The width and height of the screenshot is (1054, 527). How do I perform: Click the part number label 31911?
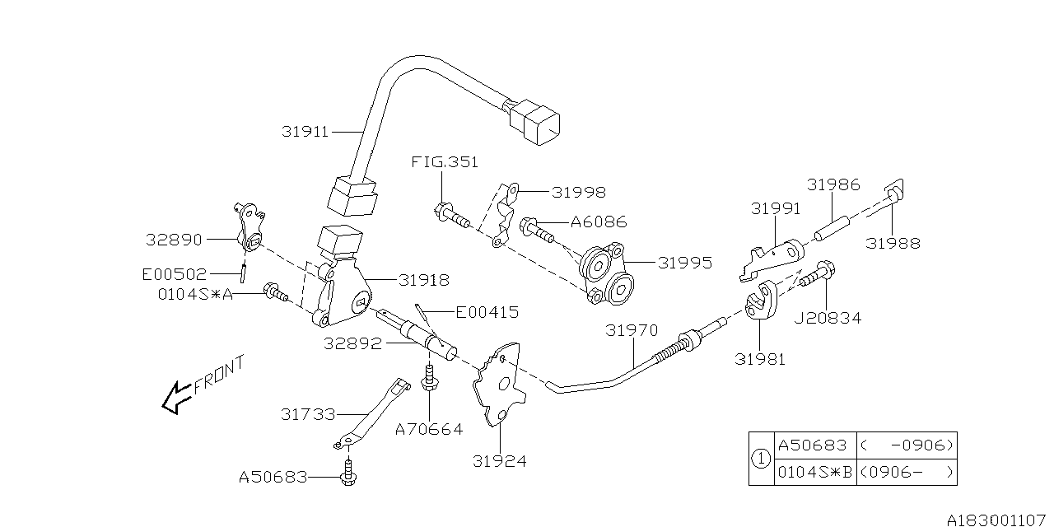click(305, 131)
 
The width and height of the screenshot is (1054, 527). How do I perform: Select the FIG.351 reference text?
click(445, 162)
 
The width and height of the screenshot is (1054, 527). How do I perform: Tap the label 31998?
click(578, 193)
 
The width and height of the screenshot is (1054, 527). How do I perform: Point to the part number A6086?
click(598, 222)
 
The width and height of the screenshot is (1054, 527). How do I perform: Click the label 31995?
click(685, 263)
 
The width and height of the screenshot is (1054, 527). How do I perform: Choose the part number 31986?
click(833, 185)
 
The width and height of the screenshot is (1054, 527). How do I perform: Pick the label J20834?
click(828, 318)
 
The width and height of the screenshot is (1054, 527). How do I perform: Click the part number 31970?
click(632, 330)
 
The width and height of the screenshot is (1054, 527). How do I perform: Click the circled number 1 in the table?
click(761, 458)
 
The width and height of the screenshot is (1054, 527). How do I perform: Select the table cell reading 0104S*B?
click(814, 472)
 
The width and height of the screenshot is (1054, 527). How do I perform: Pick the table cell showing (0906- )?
click(907, 472)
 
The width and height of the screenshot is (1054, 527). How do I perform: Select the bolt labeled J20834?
click(818, 274)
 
